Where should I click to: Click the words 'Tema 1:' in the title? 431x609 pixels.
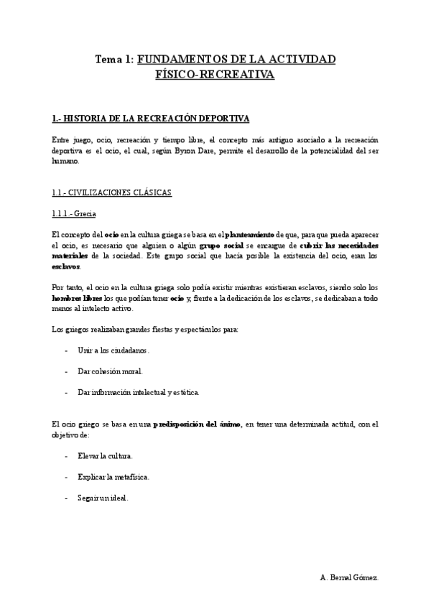tap(113, 60)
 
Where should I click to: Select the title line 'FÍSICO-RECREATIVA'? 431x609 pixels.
tap(215, 75)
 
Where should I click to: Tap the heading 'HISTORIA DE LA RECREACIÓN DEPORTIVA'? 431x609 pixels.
tap(157, 118)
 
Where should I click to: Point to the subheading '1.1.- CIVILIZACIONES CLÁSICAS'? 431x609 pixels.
tap(111, 193)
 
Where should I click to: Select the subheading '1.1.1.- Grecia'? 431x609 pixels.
tap(74, 214)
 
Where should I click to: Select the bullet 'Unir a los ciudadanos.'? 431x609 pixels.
tap(113, 350)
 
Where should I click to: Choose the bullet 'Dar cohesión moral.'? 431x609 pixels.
tap(110, 371)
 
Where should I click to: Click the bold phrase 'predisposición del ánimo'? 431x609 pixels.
tap(197, 424)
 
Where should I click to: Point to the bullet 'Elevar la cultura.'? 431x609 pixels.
tap(105, 455)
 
